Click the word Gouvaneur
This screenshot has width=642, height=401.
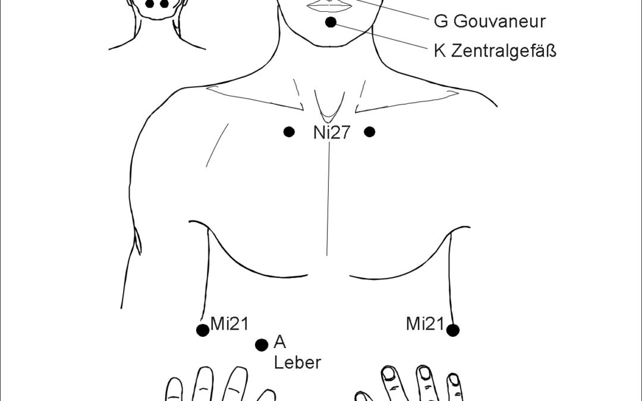click(x=499, y=22)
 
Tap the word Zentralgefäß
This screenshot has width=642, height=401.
click(x=504, y=51)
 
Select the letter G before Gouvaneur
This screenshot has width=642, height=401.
click(x=440, y=22)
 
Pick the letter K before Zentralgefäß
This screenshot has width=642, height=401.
click(x=440, y=51)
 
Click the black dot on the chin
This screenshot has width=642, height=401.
click(x=331, y=23)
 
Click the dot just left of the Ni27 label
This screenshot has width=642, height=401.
click(x=289, y=132)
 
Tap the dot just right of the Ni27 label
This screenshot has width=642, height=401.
click(x=370, y=132)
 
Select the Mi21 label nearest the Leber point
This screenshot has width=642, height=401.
click(x=229, y=324)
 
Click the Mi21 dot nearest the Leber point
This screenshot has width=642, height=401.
click(x=203, y=330)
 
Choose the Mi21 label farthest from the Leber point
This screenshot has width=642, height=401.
click(x=425, y=324)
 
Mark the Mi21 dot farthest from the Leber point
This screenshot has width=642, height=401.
click(x=453, y=330)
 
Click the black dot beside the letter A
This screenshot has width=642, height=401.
click(x=261, y=345)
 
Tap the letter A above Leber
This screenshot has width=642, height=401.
click(x=280, y=342)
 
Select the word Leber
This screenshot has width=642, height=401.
click(x=297, y=362)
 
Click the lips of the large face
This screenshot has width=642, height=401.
click(x=330, y=5)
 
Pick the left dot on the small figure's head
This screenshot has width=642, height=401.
click(x=150, y=4)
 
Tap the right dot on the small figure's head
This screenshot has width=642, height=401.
click(x=165, y=4)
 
